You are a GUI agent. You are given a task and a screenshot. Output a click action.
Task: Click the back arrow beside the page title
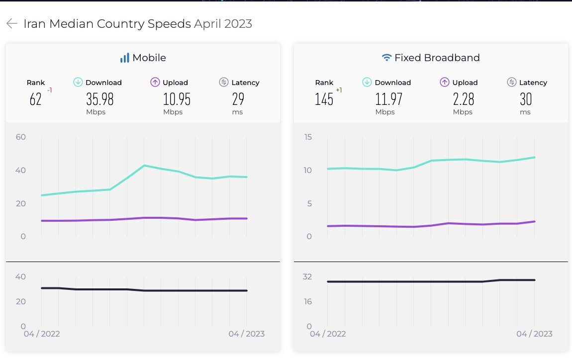[12, 23]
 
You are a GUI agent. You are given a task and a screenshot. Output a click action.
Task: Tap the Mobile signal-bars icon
[124, 58]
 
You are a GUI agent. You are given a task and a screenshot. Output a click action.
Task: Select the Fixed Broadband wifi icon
[386, 58]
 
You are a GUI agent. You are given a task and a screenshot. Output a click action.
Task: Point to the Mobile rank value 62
[35, 99]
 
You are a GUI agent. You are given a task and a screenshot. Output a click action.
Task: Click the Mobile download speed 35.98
[100, 99]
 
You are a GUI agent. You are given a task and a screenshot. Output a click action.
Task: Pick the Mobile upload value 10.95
[177, 99]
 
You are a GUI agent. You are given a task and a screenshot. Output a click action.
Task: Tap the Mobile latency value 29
[238, 99]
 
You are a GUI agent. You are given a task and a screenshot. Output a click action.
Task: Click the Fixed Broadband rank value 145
[324, 99]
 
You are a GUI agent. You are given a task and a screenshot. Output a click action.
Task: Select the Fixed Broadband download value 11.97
[388, 99]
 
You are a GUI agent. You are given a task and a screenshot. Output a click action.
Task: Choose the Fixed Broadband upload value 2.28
[464, 99]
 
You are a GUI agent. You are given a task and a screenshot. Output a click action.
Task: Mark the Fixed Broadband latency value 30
[526, 99]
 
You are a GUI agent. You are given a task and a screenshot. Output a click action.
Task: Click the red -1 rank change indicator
[50, 90]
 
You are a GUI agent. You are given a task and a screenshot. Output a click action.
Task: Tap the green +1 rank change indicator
[339, 90]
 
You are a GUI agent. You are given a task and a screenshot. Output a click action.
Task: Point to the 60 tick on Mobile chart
[20, 137]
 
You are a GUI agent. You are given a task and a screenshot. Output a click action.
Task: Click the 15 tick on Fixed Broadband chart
[308, 137]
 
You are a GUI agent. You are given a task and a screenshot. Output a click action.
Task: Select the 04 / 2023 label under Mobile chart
[247, 334]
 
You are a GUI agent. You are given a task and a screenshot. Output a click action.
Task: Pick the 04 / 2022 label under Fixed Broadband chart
[328, 334]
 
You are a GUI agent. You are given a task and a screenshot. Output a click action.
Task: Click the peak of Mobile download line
[144, 165]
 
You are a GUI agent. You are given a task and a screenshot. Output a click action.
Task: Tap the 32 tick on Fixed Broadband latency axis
[307, 276]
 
